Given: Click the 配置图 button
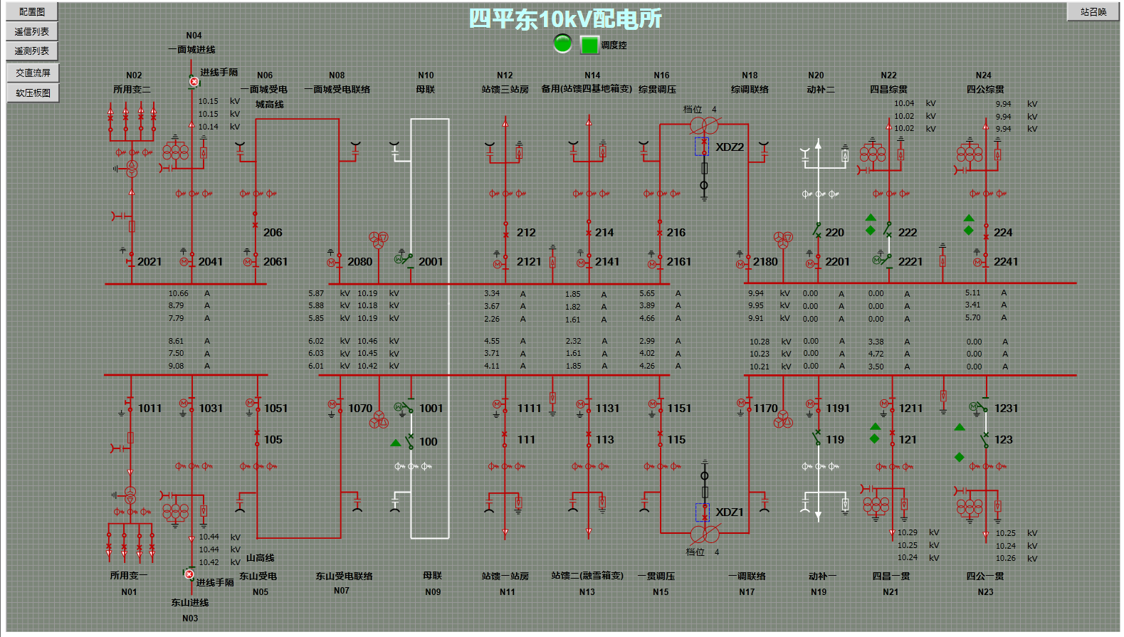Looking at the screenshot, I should pyautogui.click(x=32, y=12).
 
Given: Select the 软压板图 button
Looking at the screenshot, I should pyautogui.click(x=33, y=93).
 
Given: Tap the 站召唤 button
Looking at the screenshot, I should pyautogui.click(x=1093, y=12).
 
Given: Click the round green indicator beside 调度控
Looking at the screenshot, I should pyautogui.click(x=562, y=44).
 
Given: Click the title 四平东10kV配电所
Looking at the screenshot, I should pyautogui.click(x=565, y=19).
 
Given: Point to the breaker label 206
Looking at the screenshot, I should pyautogui.click(x=273, y=233).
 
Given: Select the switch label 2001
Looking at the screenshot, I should pyautogui.click(x=431, y=262).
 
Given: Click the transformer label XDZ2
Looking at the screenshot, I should pyautogui.click(x=730, y=147).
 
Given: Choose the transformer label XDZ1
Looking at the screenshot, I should pyautogui.click(x=730, y=512).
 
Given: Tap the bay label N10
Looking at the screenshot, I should pyautogui.click(x=426, y=75).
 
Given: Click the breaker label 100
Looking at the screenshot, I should pyautogui.click(x=429, y=442).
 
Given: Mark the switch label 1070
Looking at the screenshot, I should pyautogui.click(x=360, y=409).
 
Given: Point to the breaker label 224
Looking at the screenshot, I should pyautogui.click(x=1003, y=233).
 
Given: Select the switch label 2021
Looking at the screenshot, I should pyautogui.click(x=149, y=262).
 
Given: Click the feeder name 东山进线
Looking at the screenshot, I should pyautogui.click(x=190, y=603).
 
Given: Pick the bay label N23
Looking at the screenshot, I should pyautogui.click(x=985, y=592).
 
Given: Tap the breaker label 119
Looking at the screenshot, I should pyautogui.click(x=835, y=440).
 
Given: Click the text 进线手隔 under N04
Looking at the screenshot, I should pyautogui.click(x=219, y=73).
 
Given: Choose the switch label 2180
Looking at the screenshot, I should pyautogui.click(x=765, y=262).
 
